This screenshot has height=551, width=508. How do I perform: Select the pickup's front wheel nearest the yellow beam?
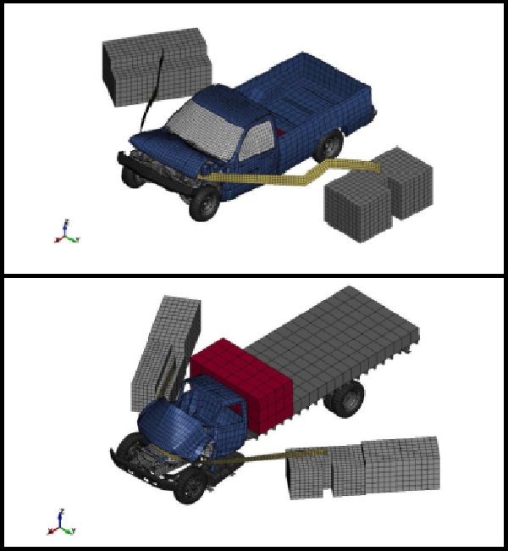[x=204, y=204]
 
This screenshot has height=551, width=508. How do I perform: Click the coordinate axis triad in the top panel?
[x=66, y=231]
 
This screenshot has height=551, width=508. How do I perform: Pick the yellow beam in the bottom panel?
[x=254, y=458]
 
